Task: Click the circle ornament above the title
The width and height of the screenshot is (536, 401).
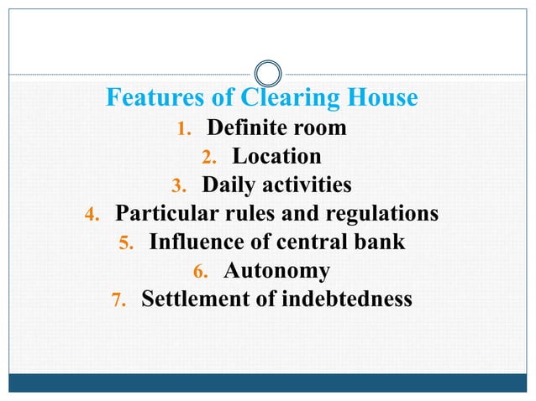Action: pos(268,72)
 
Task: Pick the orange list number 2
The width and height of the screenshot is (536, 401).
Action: pos(209,159)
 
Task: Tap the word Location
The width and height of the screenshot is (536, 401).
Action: pos(276,157)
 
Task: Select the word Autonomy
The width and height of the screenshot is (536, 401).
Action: pos(276,271)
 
